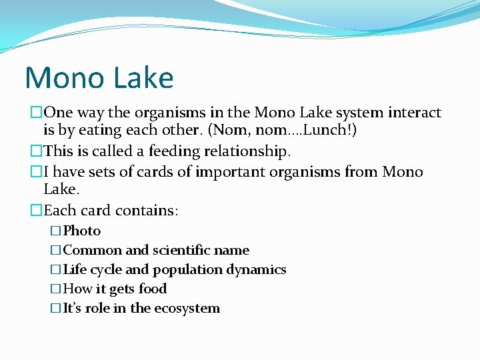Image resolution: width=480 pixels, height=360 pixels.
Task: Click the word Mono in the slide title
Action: [59, 78]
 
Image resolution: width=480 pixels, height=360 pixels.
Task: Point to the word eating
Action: [82, 131]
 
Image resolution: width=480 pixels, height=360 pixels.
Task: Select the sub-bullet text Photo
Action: [81, 231]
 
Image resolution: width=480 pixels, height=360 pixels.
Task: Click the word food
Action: [152, 289]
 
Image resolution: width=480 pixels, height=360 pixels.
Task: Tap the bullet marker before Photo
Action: [55, 231]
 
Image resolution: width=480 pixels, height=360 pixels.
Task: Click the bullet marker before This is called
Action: [35, 152]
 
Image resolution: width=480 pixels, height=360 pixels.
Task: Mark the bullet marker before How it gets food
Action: [55, 289]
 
